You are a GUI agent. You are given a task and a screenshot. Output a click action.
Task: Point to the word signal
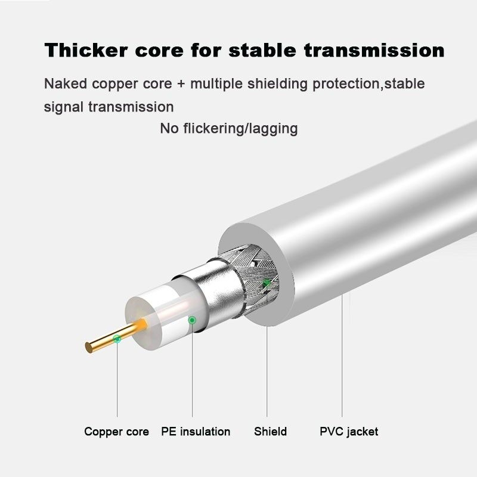tap(65, 107)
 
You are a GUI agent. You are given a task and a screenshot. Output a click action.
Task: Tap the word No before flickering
tap(169, 128)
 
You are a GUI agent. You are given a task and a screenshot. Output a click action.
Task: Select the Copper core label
tap(116, 431)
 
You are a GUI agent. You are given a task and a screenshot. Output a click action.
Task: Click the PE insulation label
tap(196, 431)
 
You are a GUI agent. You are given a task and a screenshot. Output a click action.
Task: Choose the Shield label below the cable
tap(270, 431)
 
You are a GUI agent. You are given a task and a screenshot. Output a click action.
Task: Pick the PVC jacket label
tap(349, 431)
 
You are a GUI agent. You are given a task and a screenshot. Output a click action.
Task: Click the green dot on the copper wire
tap(117, 339)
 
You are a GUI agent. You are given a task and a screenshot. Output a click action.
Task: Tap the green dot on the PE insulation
tap(192, 320)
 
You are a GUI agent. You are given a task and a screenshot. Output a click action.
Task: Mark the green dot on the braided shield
tap(267, 282)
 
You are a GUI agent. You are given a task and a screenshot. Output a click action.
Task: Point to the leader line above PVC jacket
tap(342, 358)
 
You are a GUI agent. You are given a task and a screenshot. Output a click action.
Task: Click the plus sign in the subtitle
tap(180, 84)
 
